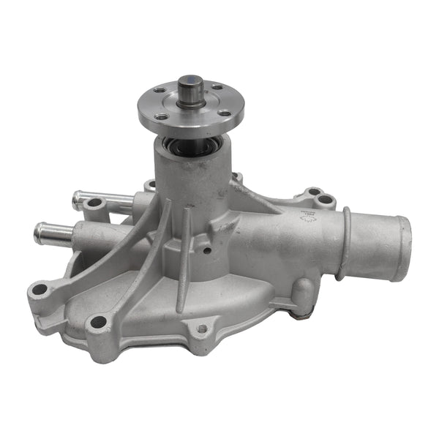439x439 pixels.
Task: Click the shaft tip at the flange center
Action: coord(191,82)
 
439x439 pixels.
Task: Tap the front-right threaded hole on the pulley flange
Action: coord(225,114)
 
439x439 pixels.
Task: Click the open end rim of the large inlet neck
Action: coord(402,248)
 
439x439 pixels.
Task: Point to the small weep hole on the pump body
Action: coord(209,250)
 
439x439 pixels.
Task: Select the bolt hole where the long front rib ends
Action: coord(97,322)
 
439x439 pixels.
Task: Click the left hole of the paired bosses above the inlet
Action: coord(314,192)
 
